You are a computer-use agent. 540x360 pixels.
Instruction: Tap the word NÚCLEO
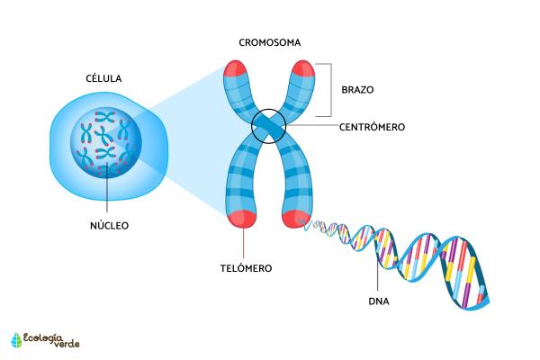[x=108, y=225]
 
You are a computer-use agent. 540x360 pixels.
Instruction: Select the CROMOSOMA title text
[x=270, y=42]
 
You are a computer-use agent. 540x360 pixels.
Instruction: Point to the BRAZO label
[x=357, y=90]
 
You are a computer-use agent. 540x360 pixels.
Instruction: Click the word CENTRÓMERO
[x=372, y=127]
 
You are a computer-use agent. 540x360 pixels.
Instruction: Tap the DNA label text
[x=380, y=300]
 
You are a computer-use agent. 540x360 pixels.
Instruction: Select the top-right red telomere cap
[x=302, y=69]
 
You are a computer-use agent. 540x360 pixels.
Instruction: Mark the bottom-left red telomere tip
[x=242, y=217]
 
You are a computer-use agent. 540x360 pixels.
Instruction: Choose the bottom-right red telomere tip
[x=296, y=217]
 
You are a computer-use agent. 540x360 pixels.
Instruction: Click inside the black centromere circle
[x=269, y=127]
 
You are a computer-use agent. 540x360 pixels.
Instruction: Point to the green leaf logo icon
[x=16, y=339]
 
